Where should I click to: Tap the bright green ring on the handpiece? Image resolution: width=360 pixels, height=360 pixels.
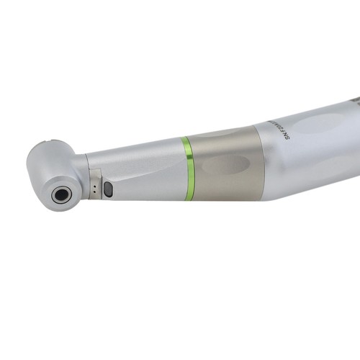coord(187,168)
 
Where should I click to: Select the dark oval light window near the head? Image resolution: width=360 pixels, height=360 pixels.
coord(108,189)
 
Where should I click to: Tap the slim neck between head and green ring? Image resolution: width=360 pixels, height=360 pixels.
coord(137,173)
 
